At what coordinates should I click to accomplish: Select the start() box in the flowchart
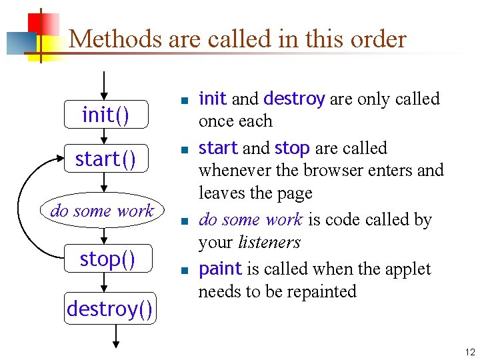tap(105, 159)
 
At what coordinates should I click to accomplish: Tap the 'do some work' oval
tap(102, 211)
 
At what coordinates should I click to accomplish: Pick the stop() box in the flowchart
tap(107, 259)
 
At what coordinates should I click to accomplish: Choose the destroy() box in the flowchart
tap(110, 309)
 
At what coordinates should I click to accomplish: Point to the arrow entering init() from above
tap(103, 85)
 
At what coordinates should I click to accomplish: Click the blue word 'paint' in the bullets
tap(220, 269)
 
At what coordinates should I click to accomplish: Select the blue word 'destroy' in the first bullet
tap(294, 99)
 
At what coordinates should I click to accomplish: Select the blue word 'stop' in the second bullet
tap(292, 148)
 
